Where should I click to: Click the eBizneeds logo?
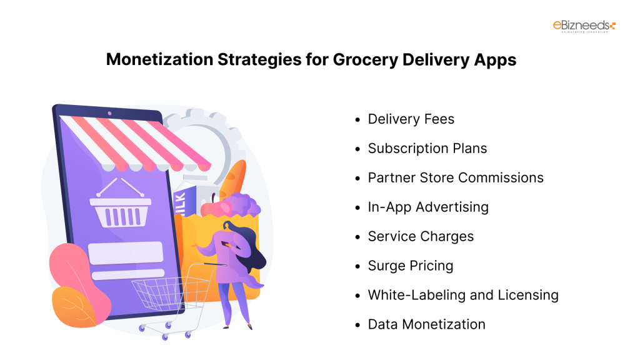click(x=584, y=27)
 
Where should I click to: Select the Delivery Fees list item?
click(x=411, y=119)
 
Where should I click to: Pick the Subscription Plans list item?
click(x=427, y=148)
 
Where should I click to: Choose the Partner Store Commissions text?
click(x=455, y=177)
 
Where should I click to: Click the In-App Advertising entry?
click(x=428, y=207)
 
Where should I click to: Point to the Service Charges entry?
click(x=421, y=236)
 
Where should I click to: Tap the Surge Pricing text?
click(x=410, y=266)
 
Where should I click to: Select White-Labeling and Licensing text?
click(x=462, y=295)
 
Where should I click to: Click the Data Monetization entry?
click(x=426, y=324)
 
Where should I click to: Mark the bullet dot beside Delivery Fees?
click(x=357, y=119)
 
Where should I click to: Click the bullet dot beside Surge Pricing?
click(x=357, y=266)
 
